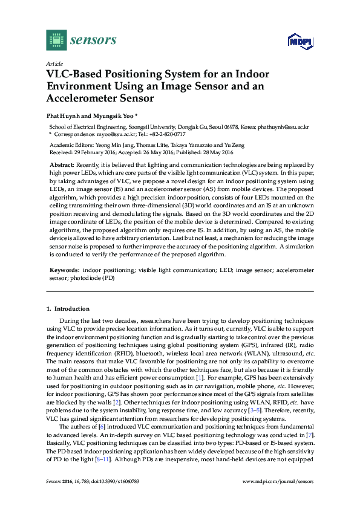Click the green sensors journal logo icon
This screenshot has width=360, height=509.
point(56,40)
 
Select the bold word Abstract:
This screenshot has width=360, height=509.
point(62,164)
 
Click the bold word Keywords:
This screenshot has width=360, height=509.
point(64,267)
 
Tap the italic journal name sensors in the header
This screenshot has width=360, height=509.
point(94,40)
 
